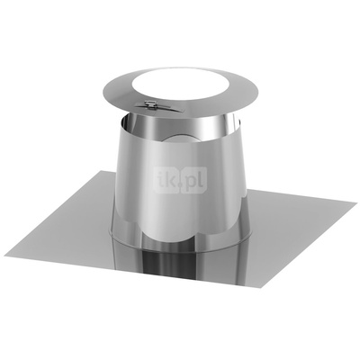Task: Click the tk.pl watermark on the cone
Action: click(x=180, y=180)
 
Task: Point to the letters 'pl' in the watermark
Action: click(x=191, y=181)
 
